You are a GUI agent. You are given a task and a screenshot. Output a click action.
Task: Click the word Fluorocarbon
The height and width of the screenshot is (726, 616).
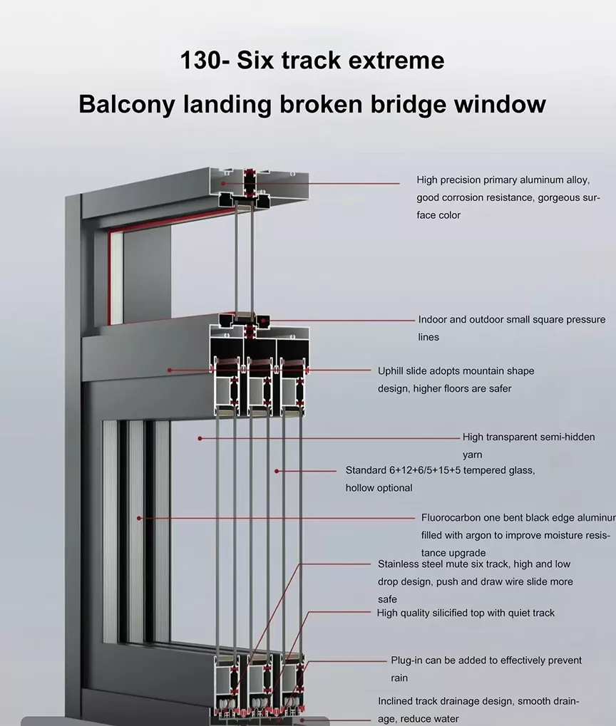453,518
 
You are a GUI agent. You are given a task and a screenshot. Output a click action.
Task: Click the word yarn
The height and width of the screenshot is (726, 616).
473,455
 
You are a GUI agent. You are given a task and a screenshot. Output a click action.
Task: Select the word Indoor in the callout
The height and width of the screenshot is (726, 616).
433,320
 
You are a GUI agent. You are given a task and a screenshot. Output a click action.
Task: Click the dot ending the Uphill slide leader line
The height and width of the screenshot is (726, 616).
170,370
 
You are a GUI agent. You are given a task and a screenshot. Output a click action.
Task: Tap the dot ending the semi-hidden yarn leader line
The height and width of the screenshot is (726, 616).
200,438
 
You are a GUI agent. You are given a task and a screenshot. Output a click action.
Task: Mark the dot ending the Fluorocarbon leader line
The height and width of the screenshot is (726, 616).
140,518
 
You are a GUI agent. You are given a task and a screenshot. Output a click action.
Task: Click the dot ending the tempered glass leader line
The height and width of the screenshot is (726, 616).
277,471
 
